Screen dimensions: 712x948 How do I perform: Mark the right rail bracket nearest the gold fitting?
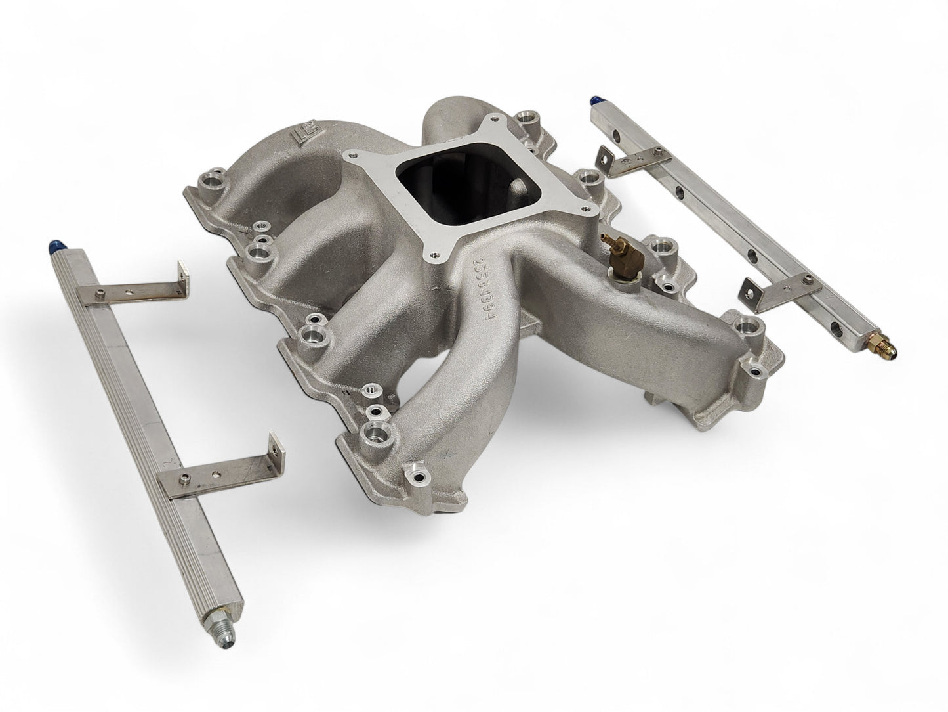pos(781,292)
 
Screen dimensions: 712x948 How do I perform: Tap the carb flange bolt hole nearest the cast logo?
pos(353,156)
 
